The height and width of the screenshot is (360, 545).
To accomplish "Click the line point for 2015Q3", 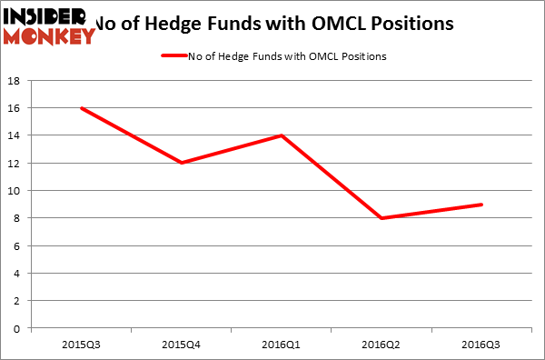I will pos(81,108).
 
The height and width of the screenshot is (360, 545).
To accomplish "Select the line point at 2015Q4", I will pos(182,163).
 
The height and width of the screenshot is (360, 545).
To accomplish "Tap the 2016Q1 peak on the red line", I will pos(283,135).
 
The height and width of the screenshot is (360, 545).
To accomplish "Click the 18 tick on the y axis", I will pos(18,81).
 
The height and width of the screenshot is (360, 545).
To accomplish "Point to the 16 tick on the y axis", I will pos(18,108).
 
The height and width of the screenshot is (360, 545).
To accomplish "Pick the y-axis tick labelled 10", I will pos(18,191).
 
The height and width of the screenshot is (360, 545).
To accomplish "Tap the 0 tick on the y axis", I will pos(21,328).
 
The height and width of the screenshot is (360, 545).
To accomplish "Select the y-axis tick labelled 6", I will pos(21,245).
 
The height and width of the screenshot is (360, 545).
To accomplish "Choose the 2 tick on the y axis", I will pos(21,301).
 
